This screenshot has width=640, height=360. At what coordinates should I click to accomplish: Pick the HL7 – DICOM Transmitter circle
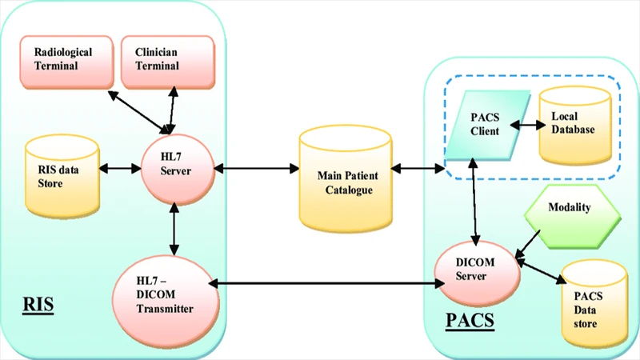click(165, 285)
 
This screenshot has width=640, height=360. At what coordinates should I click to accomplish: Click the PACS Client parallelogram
click(483, 125)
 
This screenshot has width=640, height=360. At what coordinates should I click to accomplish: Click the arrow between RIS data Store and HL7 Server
click(120, 169)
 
